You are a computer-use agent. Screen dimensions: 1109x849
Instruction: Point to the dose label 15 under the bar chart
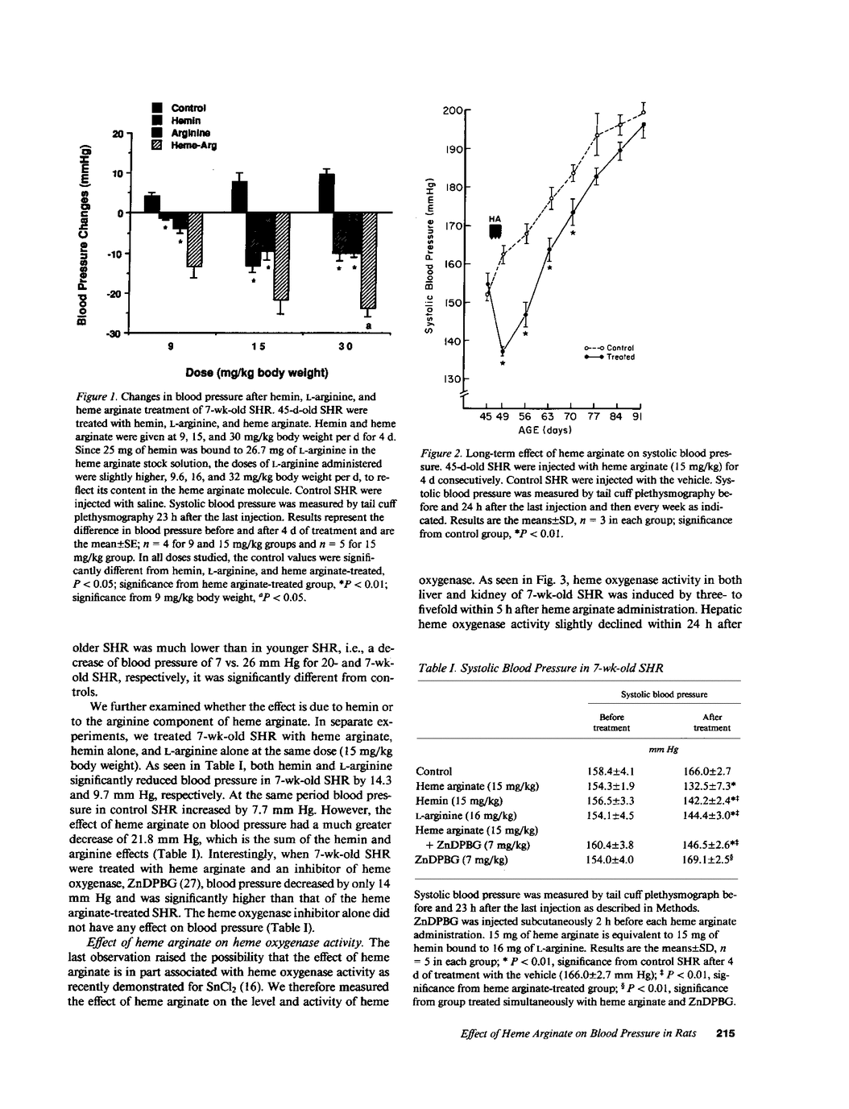click(258, 346)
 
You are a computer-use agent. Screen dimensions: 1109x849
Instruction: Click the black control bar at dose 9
click(152, 204)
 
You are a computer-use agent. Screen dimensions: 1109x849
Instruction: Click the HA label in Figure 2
click(495, 218)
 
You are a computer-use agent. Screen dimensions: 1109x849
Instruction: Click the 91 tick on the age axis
click(637, 417)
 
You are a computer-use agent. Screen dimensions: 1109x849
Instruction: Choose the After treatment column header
click(712, 722)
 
